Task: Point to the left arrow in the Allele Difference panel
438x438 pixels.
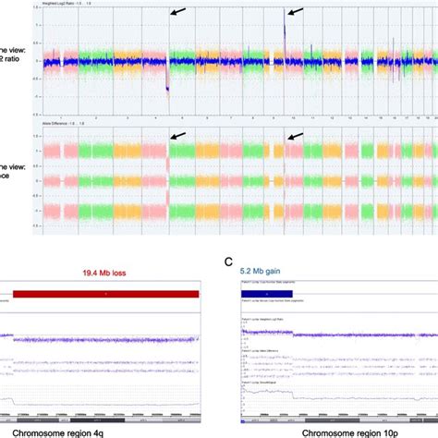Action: [176, 137]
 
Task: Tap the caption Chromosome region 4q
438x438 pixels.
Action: [103, 428]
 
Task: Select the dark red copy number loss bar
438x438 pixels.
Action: [106, 292]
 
